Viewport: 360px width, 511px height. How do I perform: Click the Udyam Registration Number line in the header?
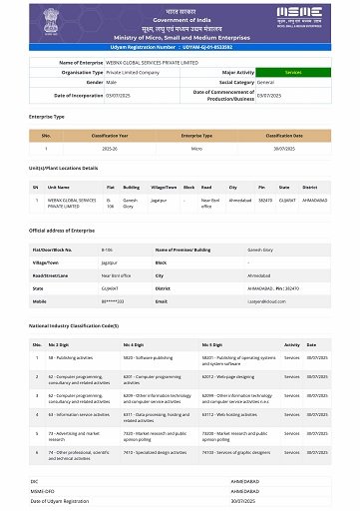pyautogui.click(x=180, y=46)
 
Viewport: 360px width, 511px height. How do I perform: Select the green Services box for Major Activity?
pyautogui.click(x=293, y=73)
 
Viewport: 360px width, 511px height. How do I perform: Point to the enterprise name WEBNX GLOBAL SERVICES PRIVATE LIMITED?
pyautogui.click(x=150, y=62)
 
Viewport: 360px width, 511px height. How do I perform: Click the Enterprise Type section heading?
pyautogui.click(x=47, y=117)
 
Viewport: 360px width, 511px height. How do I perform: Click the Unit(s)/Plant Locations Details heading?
pyautogui.click(x=64, y=168)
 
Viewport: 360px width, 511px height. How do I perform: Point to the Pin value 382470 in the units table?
pyautogui.click(x=263, y=200)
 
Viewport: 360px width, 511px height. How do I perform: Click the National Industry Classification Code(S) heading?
pyautogui.click(x=74, y=326)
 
